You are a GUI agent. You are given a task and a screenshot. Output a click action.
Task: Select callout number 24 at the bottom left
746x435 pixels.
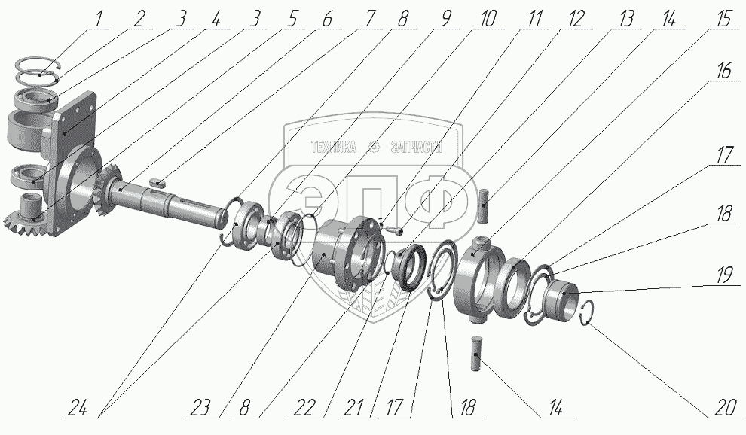[82, 408]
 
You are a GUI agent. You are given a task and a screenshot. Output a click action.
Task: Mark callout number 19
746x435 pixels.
[725, 275]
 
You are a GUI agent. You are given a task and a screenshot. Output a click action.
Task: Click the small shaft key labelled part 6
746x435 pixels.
[157, 181]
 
